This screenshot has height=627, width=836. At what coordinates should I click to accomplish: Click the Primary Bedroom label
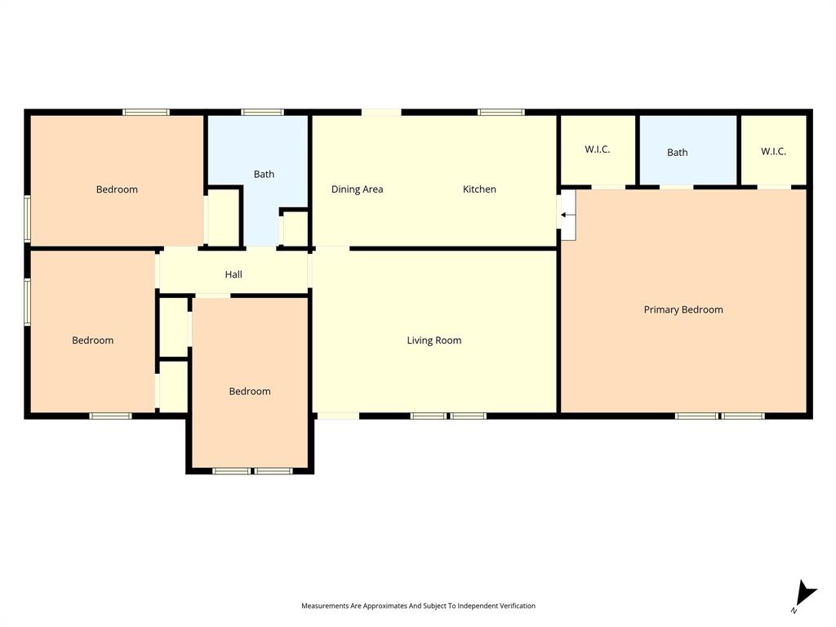(x=683, y=309)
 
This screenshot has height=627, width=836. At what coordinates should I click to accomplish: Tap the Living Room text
(x=434, y=340)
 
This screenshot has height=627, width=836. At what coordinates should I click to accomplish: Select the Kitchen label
(x=479, y=189)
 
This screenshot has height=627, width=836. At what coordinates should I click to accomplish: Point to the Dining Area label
(x=357, y=189)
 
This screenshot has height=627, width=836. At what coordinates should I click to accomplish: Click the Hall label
(x=233, y=275)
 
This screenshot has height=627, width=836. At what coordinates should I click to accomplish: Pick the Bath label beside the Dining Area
(x=264, y=174)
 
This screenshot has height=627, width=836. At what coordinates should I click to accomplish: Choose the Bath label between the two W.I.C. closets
(x=677, y=153)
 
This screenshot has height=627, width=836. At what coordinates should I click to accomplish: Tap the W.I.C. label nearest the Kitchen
(x=597, y=149)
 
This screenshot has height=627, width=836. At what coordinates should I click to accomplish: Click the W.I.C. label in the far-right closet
(x=773, y=151)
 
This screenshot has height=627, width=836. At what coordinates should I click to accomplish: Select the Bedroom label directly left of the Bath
(x=117, y=189)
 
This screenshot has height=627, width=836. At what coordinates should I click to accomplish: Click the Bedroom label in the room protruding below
(x=249, y=391)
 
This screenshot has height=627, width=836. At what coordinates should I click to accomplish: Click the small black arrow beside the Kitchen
(x=566, y=215)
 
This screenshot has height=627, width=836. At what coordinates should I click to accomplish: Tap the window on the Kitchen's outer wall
(x=501, y=112)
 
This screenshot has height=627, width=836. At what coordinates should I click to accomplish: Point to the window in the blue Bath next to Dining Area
(x=262, y=112)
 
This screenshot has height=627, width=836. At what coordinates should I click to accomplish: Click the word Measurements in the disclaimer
(x=324, y=606)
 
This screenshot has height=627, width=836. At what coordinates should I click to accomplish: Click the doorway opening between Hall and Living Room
(x=310, y=271)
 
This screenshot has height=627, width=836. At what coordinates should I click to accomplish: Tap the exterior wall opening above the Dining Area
(x=381, y=112)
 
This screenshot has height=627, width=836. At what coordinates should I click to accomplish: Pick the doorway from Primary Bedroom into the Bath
(x=676, y=187)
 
